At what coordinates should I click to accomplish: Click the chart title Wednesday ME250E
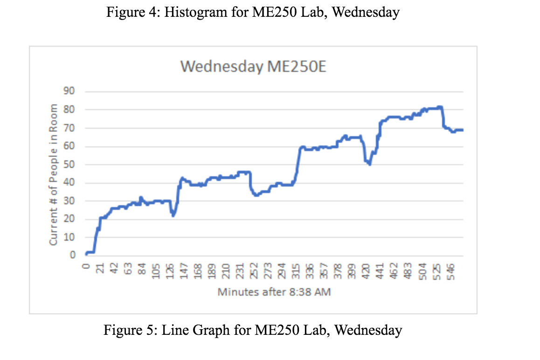pos(253,67)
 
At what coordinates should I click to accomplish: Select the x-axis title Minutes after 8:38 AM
pos(274,292)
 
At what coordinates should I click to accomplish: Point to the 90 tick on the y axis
pos(69,91)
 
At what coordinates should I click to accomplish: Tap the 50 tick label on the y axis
pos(69,165)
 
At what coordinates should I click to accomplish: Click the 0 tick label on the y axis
pos(72,256)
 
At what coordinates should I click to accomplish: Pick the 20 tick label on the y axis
pos(69,219)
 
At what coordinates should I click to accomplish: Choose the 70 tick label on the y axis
pos(69,128)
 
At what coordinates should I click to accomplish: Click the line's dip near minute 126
pos(173,215)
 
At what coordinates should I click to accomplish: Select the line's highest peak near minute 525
pos(439,107)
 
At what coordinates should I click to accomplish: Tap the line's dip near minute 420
pos(369,164)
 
